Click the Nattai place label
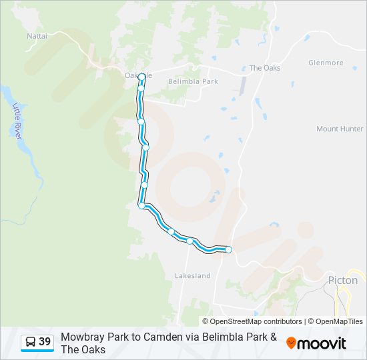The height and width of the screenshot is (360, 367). point(37,35)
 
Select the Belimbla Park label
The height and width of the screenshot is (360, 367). point(193,81)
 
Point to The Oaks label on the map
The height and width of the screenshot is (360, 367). point(264,68)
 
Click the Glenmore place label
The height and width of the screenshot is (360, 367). point(326,63)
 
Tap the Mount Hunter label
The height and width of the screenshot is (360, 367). point(340,129)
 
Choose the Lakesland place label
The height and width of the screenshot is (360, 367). point(192,275)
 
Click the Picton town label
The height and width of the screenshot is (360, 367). point(343,280)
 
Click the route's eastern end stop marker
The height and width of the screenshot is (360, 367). point(228,249)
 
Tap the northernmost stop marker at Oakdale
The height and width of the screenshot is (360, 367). point(142,77)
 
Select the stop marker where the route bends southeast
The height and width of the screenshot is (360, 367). point(141,205)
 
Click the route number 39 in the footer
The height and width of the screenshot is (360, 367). point(45,342)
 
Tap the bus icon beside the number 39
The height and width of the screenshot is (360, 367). point(31,342)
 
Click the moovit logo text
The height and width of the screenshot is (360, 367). point(322,343)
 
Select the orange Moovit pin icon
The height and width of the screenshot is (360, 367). point(291,343)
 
